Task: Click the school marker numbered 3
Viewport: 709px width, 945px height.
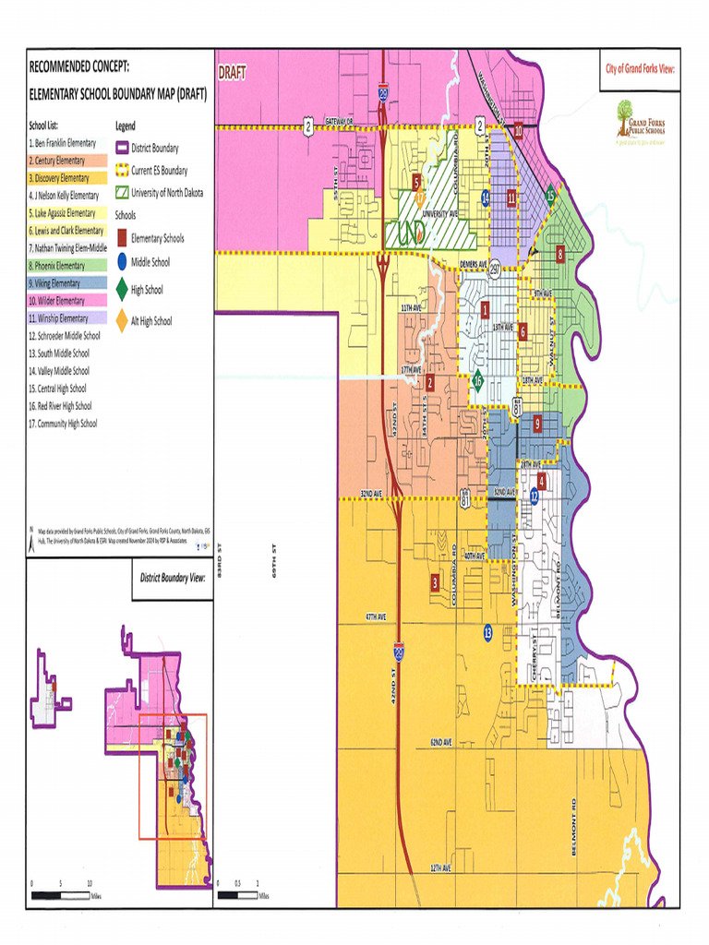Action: click(435, 582)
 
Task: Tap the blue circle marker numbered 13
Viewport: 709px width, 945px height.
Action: click(487, 632)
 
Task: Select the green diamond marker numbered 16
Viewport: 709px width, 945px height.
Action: click(477, 379)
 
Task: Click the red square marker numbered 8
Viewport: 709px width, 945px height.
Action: click(559, 254)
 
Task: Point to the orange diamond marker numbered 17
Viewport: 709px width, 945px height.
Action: click(421, 197)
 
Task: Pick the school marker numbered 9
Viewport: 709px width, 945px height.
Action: click(537, 423)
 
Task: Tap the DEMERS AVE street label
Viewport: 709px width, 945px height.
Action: click(473, 264)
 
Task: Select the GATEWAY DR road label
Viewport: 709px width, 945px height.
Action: click(338, 122)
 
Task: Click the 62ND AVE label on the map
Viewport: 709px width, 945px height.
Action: click(440, 742)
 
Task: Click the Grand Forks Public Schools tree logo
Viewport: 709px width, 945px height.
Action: click(625, 112)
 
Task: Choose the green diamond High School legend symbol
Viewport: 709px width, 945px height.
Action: click(122, 290)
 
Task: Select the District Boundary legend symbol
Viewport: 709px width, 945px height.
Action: click(122, 148)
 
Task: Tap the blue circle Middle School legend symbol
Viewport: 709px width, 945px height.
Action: click(122, 263)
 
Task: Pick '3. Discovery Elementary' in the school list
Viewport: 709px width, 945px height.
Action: click(59, 178)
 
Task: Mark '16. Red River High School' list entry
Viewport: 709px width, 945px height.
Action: click(60, 406)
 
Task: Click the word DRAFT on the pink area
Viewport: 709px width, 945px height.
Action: click(232, 73)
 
